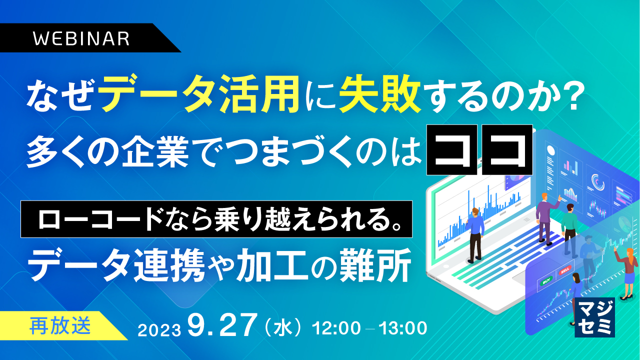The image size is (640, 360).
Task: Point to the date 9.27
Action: [x=222, y=327]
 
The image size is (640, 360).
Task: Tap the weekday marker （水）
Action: [x=283, y=328]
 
